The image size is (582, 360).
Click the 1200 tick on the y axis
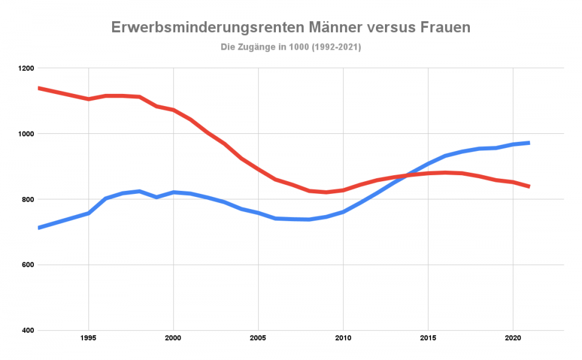[x=25, y=68]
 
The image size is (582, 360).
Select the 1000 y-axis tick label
[x=25, y=134]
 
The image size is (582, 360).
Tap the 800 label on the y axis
[x=27, y=199]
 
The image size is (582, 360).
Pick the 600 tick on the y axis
[x=27, y=265]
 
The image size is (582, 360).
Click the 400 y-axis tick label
[x=27, y=330]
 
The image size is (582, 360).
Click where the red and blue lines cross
[x=408, y=175]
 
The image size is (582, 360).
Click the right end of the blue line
[x=529, y=143]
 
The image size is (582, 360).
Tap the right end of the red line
[x=529, y=186]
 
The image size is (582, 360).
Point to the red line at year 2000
[x=173, y=110]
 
